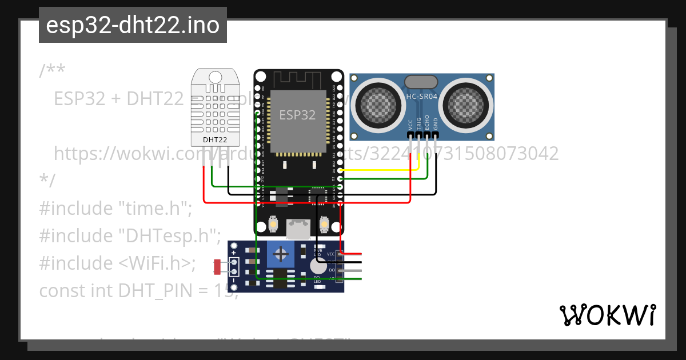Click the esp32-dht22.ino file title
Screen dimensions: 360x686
click(x=133, y=25)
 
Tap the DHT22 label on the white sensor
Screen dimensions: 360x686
click(x=215, y=139)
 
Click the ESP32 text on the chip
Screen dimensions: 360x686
click(x=297, y=115)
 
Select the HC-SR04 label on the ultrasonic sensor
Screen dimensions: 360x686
click(x=422, y=97)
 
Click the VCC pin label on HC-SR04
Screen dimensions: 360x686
click(x=410, y=124)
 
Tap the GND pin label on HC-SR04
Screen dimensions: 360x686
click(x=436, y=124)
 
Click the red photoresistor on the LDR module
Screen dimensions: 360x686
click(x=217, y=266)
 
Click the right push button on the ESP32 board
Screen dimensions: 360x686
click(x=324, y=224)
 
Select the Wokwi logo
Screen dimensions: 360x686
click(x=608, y=315)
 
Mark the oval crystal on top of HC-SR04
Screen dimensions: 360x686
click(x=421, y=82)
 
